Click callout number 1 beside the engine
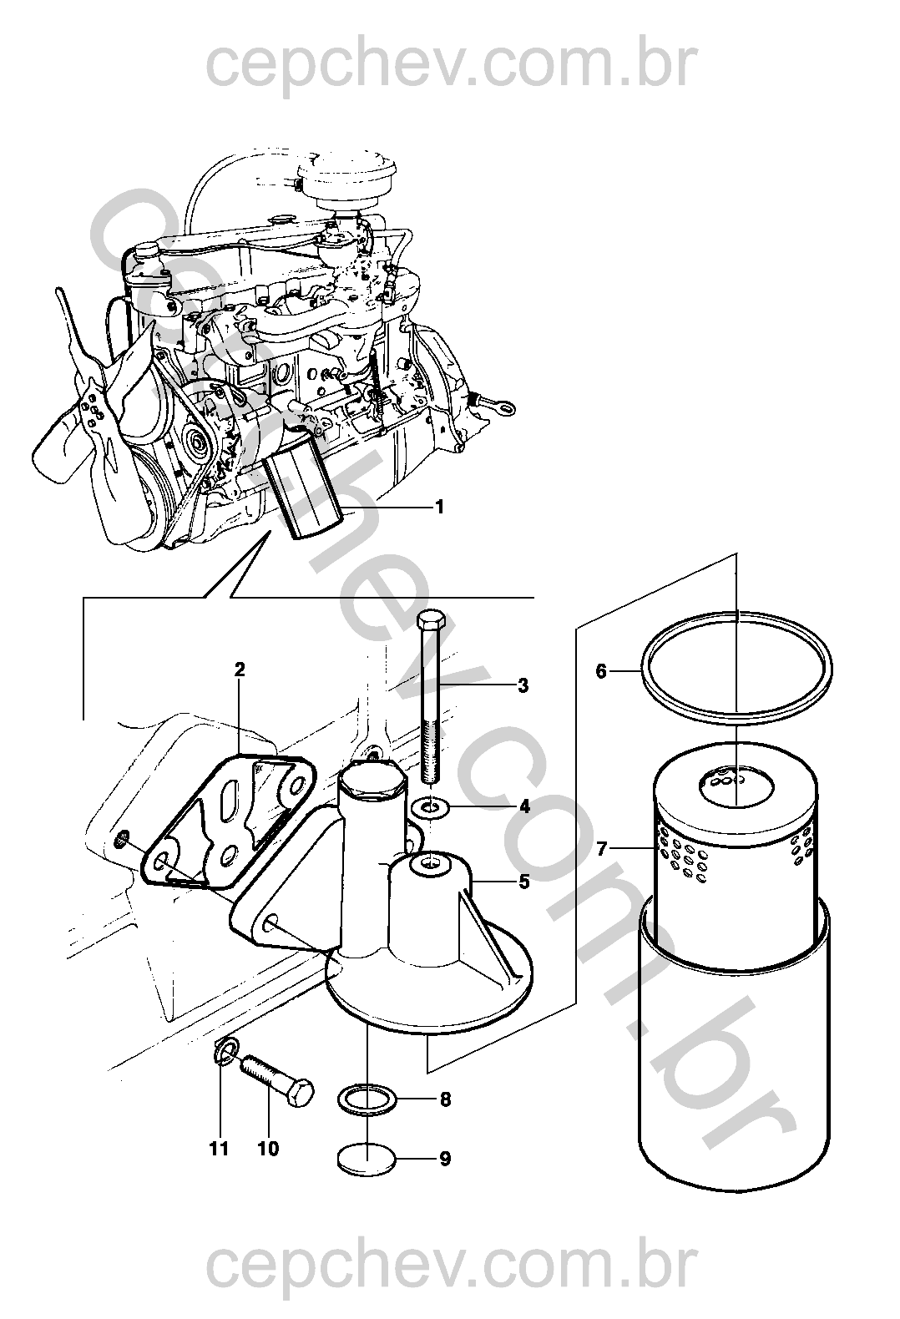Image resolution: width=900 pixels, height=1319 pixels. click(439, 507)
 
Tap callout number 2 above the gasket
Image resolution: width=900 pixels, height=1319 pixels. click(240, 670)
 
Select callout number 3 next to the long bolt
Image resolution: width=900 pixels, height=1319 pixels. click(523, 685)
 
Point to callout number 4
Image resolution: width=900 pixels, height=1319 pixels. click(524, 806)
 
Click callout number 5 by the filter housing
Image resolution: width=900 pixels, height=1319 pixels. click(524, 882)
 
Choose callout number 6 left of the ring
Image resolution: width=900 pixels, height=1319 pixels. click(601, 670)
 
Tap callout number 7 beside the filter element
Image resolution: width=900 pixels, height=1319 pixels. click(601, 849)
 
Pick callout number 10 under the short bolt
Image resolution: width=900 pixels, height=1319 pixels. click(269, 1149)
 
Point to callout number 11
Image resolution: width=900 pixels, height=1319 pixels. click(219, 1149)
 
